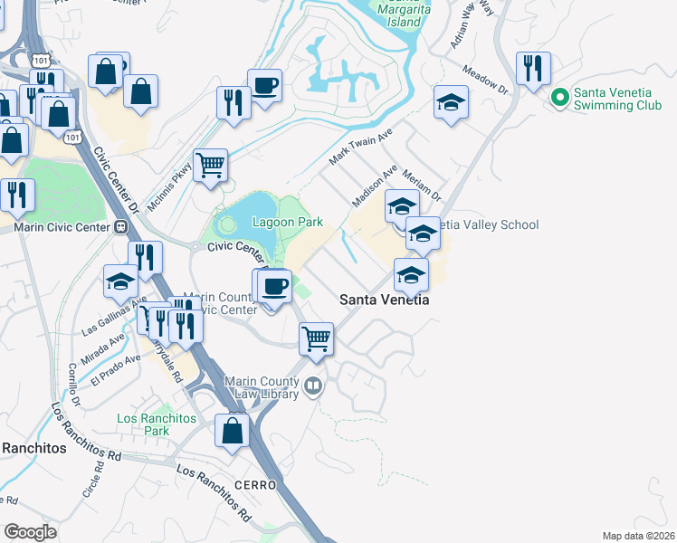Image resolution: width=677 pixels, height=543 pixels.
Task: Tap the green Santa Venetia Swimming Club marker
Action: click(560, 95)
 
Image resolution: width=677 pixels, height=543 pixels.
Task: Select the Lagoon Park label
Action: click(287, 222)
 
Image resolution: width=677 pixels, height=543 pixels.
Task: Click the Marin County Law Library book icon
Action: click(313, 386)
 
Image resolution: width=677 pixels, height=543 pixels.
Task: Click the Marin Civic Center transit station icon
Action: click(120, 227)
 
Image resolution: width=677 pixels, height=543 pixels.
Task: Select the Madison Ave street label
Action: click(375, 185)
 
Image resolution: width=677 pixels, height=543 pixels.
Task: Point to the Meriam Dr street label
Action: click(422, 186)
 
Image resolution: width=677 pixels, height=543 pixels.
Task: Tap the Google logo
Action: click(29, 532)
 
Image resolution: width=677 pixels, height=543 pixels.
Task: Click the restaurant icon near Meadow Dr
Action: click(532, 71)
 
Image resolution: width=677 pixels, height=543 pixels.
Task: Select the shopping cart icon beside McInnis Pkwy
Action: click(210, 167)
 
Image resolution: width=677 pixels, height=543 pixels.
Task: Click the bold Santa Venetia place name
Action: click(384, 300)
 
